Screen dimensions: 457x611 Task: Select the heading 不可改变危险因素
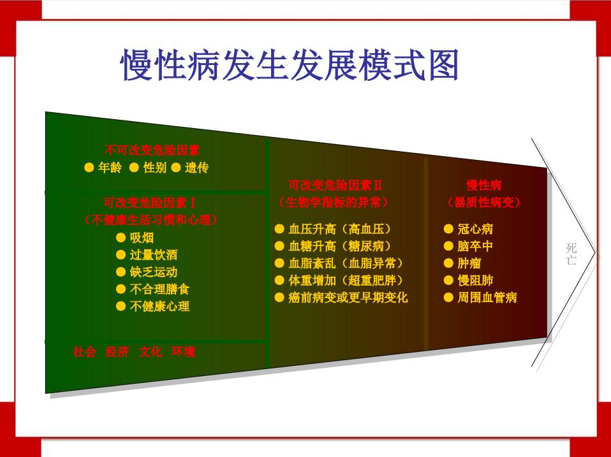click(152, 150)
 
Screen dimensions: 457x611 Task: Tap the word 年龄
click(110, 168)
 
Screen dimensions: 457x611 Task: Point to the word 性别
click(154, 168)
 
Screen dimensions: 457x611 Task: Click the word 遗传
click(196, 168)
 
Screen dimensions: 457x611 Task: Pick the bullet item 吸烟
click(142, 238)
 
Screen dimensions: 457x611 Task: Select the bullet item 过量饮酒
click(153, 255)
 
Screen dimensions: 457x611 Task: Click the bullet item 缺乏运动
click(153, 272)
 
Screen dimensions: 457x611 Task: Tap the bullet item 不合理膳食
click(159, 289)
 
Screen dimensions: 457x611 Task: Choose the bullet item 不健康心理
click(159, 306)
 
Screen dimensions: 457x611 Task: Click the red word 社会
click(84, 352)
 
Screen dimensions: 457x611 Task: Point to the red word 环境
click(183, 352)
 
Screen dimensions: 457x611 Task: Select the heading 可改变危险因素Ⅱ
click(335, 185)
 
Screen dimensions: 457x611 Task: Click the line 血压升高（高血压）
click(339, 229)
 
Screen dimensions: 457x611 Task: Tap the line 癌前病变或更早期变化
click(348, 298)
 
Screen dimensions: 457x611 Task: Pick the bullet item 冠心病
click(475, 229)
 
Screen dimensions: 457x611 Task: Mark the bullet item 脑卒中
click(475, 246)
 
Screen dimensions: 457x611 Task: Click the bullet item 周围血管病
click(487, 298)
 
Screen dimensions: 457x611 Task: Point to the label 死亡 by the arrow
click(571, 254)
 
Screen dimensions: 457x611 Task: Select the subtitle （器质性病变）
click(483, 203)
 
